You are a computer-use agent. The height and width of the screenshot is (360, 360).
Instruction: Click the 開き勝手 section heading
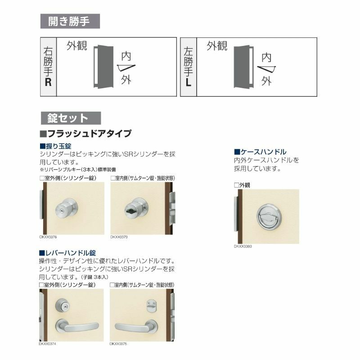pyautogui.click(x=70, y=21)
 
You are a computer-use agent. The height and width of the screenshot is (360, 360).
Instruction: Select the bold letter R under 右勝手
pyautogui.click(x=48, y=83)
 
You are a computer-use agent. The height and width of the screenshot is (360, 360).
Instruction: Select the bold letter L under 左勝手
pyautogui.click(x=189, y=83)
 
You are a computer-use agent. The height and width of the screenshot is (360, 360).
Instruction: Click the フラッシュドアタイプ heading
pyautogui.click(x=86, y=133)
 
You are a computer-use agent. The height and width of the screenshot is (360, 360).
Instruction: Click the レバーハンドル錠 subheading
pyautogui.click(x=67, y=253)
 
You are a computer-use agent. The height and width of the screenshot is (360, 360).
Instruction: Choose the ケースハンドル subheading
pyautogui.click(x=260, y=152)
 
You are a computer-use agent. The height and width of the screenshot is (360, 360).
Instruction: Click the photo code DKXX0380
pyautogui.click(x=243, y=247)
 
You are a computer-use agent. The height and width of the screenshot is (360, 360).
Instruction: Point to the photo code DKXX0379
pyautogui.click(x=119, y=236)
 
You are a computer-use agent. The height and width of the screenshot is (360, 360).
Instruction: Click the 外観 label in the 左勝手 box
pyautogui.click(x=217, y=46)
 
